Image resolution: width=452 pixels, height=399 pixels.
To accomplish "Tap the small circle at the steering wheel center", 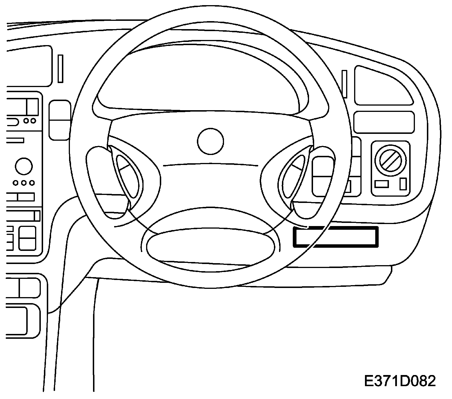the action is coord(210,141).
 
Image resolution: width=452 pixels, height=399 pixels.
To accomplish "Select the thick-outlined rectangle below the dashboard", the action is coord(336,236).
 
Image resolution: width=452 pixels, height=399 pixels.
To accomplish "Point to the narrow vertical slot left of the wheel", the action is coord(60,68).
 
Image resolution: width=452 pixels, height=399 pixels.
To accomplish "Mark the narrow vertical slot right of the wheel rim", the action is coord(344,84).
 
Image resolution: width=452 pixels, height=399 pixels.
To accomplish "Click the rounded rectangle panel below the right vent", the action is coord(384,122).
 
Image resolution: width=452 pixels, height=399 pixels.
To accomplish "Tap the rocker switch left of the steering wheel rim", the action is coord(60,120).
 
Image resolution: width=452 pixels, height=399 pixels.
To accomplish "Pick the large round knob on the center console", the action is coord(24,167).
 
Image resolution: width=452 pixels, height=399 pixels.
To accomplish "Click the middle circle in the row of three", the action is coord(24,182).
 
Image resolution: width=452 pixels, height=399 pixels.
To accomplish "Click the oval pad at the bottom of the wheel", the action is coord(211,245).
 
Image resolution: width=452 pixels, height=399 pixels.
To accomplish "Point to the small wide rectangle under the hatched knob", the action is coord(382,184).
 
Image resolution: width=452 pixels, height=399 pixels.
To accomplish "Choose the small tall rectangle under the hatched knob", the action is coord(403,184).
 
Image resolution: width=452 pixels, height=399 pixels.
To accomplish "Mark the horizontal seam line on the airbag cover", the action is coord(210,164).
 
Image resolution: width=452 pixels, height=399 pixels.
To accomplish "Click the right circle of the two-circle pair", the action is coord(33,120).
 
